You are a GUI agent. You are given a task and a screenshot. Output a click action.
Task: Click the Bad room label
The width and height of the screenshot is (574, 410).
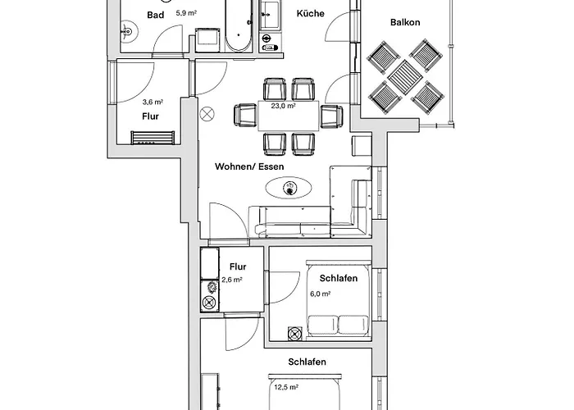pyautogui.click(x=155, y=15)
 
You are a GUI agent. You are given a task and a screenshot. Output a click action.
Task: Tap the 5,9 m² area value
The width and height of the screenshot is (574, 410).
pyautogui.click(x=186, y=13)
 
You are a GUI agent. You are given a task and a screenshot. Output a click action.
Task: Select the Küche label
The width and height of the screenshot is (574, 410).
pyautogui.click(x=311, y=14)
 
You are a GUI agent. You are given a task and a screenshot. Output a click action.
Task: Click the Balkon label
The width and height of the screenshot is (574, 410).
pyautogui.click(x=405, y=22)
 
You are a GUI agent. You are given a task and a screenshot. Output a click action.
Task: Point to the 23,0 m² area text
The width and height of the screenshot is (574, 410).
pyautogui.click(x=284, y=106)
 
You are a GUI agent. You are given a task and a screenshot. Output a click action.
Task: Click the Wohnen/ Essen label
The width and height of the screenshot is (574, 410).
pyautogui.click(x=249, y=166)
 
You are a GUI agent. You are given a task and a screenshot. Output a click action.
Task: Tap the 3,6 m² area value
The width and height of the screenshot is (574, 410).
pyautogui.click(x=153, y=102)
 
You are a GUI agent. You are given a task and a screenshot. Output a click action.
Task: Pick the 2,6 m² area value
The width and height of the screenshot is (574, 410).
pyautogui.click(x=232, y=280)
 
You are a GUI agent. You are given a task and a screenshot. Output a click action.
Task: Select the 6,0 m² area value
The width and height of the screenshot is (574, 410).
pyautogui.click(x=321, y=294)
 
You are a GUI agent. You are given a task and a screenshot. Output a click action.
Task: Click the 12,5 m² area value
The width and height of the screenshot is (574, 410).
pyautogui.click(x=286, y=387)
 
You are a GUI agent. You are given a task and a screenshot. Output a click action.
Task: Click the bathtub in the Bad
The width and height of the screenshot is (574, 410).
pyautogui.click(x=239, y=25)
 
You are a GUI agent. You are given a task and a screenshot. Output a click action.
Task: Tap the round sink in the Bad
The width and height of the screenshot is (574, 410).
pyautogui.click(x=129, y=31)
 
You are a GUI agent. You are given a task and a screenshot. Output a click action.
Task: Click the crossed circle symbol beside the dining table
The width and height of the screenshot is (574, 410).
pyautogui.click(x=207, y=114)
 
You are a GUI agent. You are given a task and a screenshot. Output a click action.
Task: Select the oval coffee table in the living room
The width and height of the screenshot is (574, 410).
pyautogui.click(x=289, y=188)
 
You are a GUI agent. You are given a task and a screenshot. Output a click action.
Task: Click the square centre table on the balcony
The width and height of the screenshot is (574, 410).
pyautogui.click(x=405, y=78)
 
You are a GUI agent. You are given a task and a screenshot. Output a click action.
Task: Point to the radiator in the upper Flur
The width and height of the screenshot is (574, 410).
pyautogui.click(x=153, y=138)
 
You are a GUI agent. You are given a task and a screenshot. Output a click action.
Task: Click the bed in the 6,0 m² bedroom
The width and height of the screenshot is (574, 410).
pyautogui.click(x=338, y=300)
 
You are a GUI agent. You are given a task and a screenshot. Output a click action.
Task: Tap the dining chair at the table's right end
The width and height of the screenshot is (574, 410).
pyautogui.click(x=331, y=116)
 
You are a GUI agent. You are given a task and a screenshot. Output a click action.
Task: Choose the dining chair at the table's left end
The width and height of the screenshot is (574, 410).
pyautogui.click(x=245, y=116)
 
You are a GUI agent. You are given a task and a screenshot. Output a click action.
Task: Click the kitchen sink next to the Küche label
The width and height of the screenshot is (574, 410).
pyautogui.click(x=270, y=15)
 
